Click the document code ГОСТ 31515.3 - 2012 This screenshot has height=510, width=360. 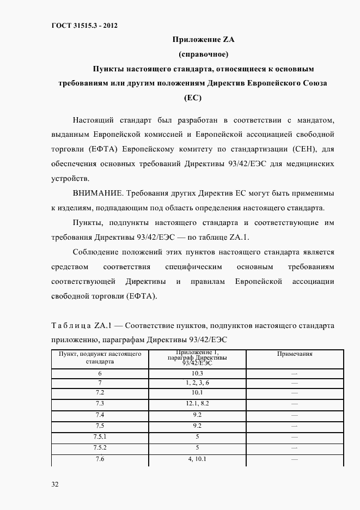point(84,25)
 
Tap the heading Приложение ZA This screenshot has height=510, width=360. point(203,39)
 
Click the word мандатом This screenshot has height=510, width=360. point(313,119)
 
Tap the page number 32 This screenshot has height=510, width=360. point(55,484)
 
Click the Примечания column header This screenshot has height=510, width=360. point(295,354)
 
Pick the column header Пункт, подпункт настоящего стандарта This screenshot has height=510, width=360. point(100,357)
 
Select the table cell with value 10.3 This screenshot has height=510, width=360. point(197,373)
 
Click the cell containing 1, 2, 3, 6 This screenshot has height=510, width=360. point(197,383)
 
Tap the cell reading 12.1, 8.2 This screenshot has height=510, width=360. point(197,404)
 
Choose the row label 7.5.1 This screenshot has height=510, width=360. point(100,437)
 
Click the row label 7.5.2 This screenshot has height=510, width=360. point(100,447)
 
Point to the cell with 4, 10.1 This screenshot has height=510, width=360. point(197,459)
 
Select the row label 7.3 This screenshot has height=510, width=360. point(100,404)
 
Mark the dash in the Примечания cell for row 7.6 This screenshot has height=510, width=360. point(295,459)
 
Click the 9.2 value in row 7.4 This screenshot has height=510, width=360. point(197,415)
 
